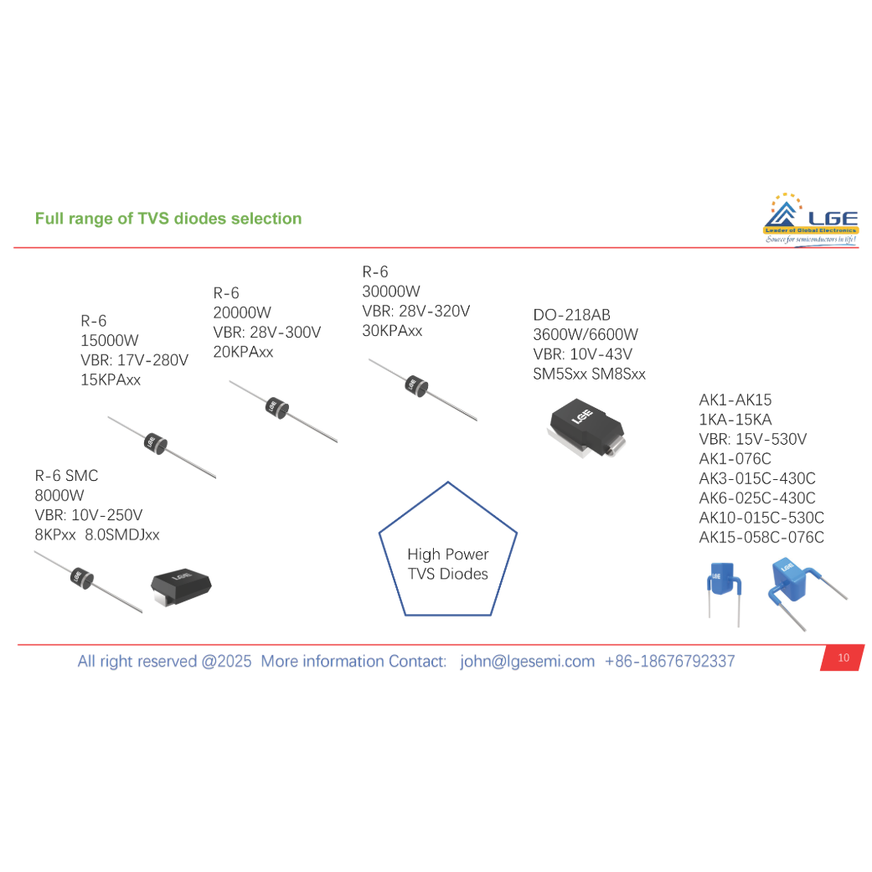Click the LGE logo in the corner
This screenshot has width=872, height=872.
coord(810,219)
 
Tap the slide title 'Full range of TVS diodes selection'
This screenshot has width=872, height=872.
coord(168,219)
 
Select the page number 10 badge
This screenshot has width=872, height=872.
coord(843,658)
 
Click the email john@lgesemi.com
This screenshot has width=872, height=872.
coord(527,661)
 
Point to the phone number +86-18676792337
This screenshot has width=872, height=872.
coord(669,661)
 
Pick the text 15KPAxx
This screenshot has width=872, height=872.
coord(111,380)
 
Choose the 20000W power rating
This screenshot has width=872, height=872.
coord(242,312)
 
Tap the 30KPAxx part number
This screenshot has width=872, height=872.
coord(392,331)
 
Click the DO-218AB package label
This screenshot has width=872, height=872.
coord(572,316)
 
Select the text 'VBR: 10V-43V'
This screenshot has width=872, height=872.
coord(582,354)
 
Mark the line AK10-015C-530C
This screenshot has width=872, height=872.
coord(761,518)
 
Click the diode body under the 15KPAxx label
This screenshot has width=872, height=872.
coord(154,441)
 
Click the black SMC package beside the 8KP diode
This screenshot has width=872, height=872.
coord(180,586)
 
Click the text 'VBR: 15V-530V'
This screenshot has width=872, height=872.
coord(753,439)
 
